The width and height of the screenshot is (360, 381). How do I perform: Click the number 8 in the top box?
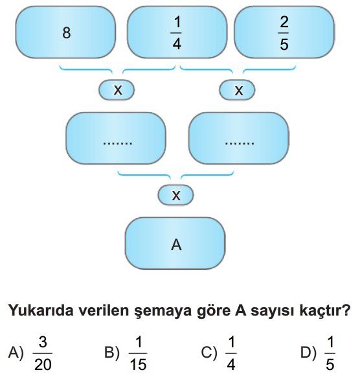click(67, 33)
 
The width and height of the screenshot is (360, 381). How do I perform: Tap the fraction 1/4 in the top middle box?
click(177, 33)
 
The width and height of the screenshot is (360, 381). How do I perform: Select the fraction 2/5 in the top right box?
click(284, 33)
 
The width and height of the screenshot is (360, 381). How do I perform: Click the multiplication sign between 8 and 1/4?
click(118, 90)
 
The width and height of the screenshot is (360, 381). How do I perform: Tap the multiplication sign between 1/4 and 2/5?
click(239, 91)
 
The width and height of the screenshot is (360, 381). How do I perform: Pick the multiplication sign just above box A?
click(176, 196)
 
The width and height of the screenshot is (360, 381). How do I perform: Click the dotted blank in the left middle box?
click(118, 143)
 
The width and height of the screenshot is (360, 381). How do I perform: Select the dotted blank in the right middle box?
click(240, 143)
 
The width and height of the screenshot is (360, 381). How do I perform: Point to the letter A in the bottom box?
click(176, 245)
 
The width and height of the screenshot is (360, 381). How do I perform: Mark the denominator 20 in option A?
click(43, 365)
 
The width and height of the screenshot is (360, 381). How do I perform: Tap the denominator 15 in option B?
click(138, 365)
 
